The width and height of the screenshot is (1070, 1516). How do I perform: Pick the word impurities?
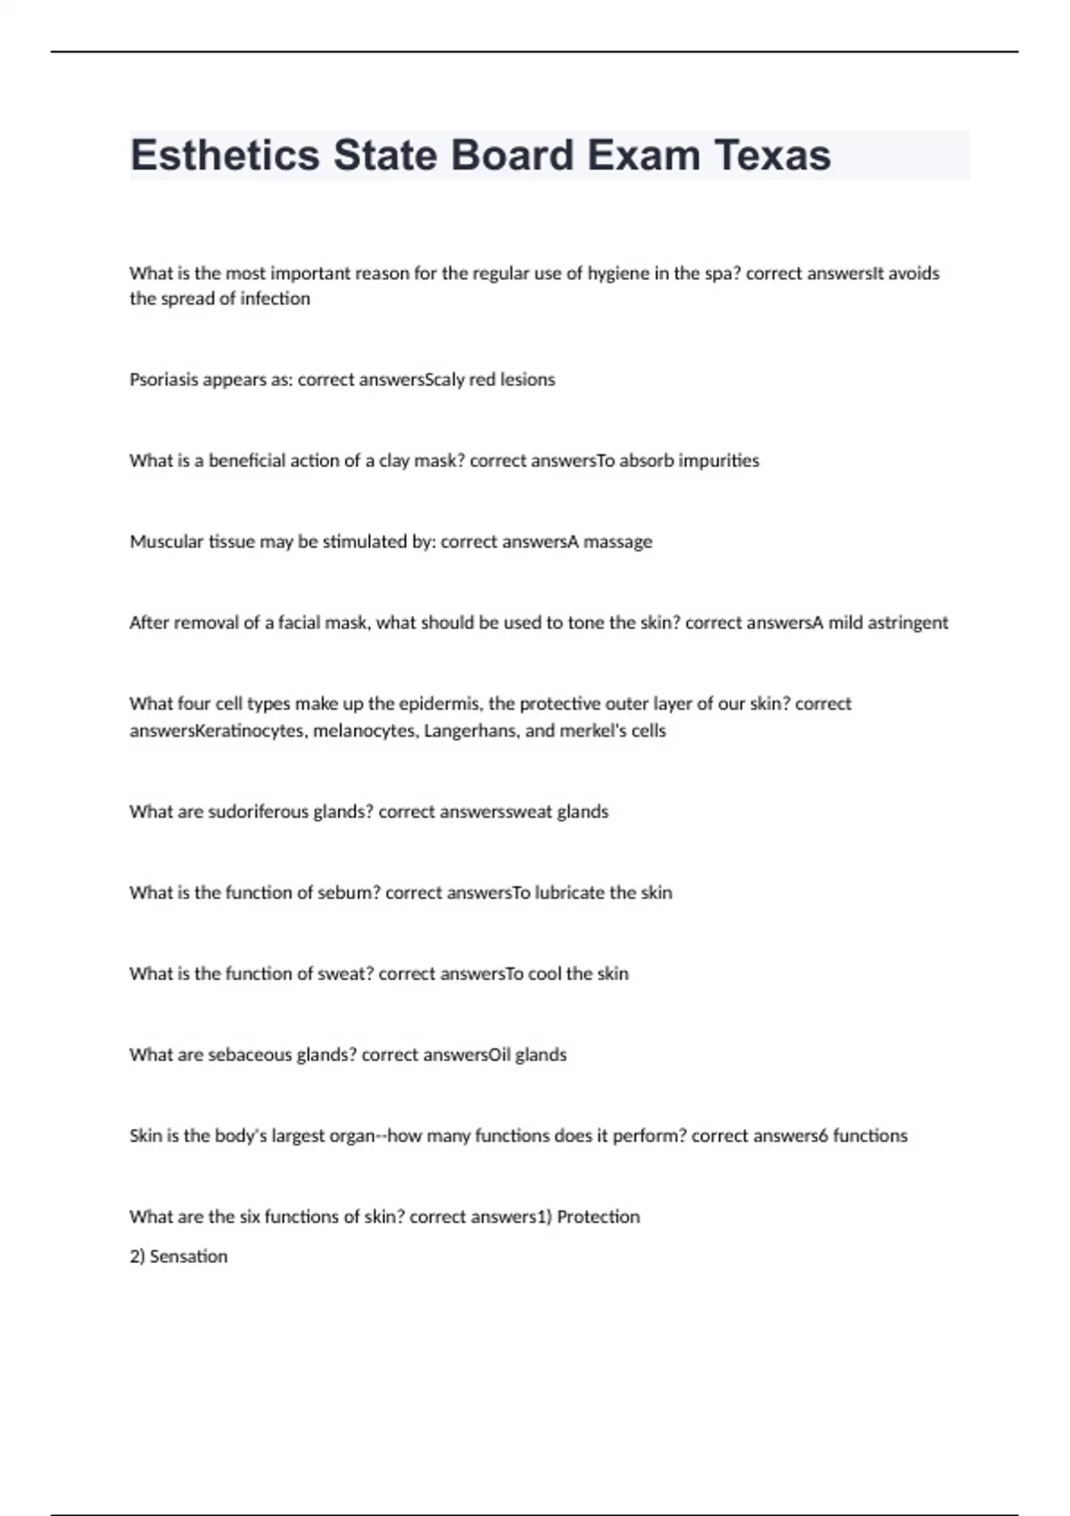[x=719, y=461]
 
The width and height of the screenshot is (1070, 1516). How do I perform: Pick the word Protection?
[x=598, y=1217]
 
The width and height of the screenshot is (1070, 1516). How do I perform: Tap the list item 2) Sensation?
[x=178, y=1256]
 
